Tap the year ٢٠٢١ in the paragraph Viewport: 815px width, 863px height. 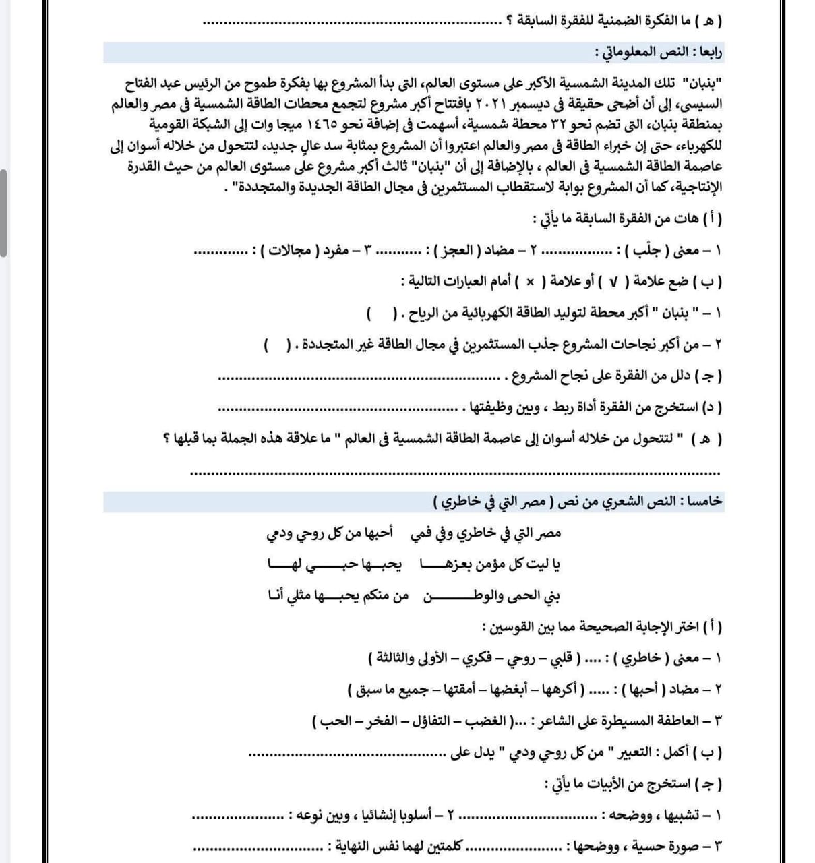497,106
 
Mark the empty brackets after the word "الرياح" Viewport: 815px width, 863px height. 380,314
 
